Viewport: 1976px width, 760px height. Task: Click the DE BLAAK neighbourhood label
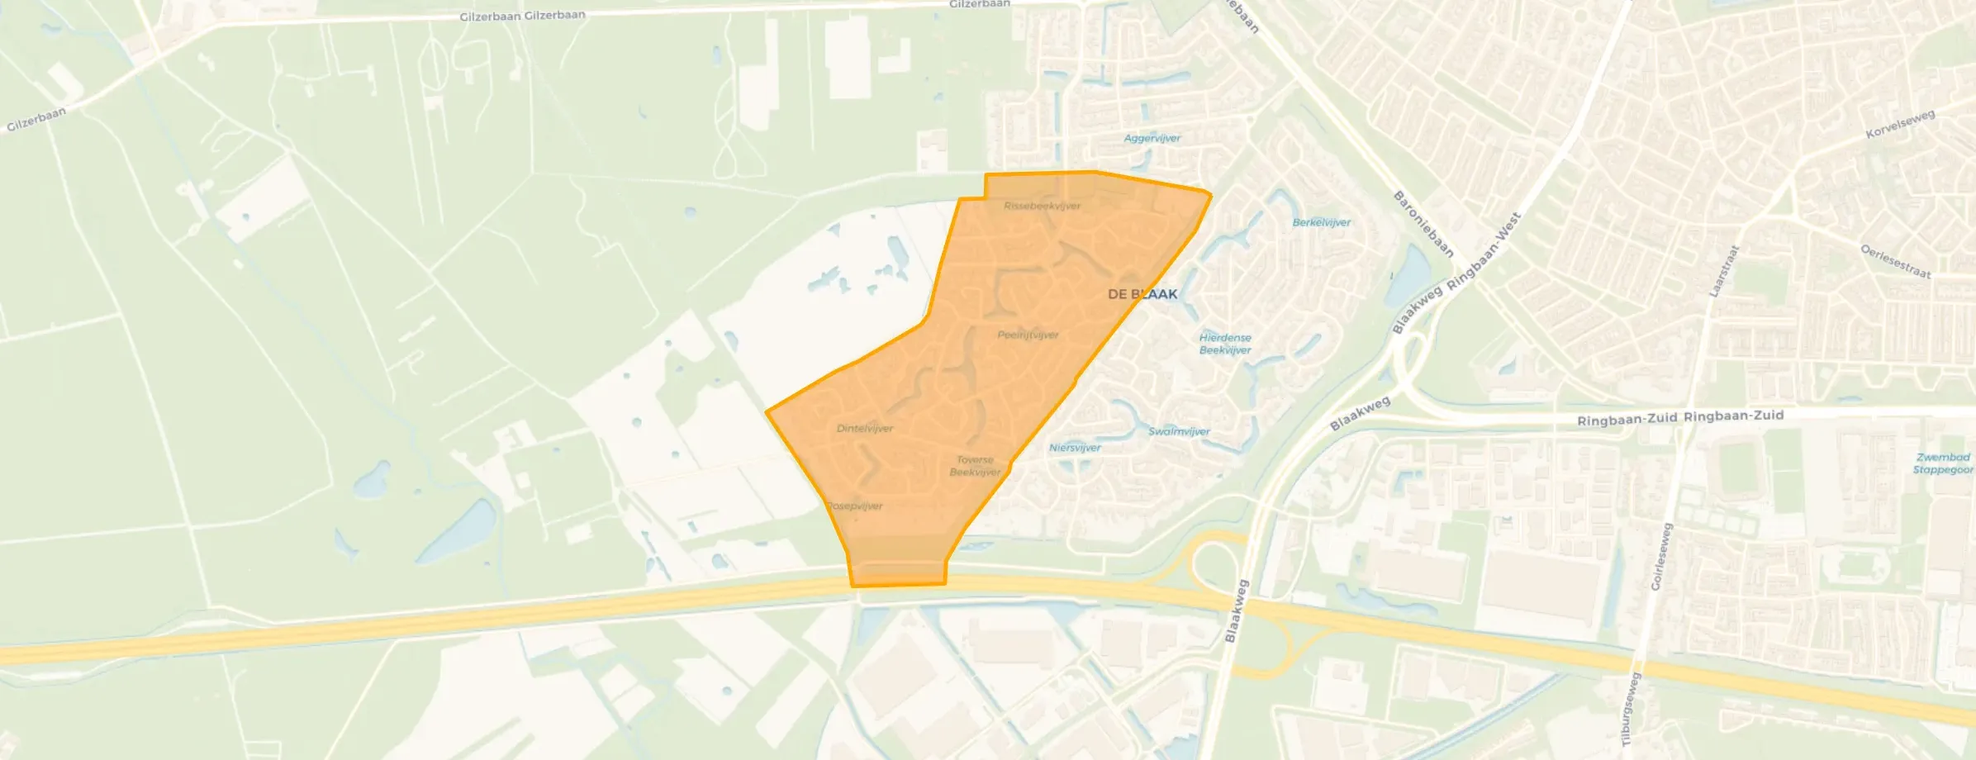1142,294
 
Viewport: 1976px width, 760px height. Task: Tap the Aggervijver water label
1152,138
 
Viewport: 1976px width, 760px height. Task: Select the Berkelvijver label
1321,222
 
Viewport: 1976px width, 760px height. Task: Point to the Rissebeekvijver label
1042,206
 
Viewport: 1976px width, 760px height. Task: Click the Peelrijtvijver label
1028,335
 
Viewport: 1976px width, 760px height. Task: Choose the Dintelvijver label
864,428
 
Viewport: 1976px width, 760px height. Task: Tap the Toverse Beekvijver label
975,466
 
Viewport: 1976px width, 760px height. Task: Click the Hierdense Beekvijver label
1225,344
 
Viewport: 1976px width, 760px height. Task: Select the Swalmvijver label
1179,431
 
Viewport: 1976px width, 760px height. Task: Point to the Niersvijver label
1075,448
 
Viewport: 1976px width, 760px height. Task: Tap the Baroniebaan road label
1423,224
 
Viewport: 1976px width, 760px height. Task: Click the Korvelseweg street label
1900,124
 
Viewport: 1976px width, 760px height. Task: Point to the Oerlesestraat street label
1895,261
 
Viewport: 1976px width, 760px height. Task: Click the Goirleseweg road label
1660,556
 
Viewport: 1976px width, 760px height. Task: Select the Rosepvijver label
855,506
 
